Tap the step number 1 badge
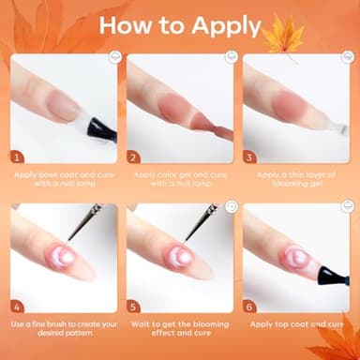[17, 157]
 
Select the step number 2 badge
[133, 157]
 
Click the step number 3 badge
[249, 157]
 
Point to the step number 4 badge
[17, 305]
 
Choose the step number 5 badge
[133, 305]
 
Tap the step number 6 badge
[249, 305]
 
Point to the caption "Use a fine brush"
[64, 328]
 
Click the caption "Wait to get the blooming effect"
[180, 328]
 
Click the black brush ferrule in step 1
[102, 129]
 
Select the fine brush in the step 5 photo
[202, 223]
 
